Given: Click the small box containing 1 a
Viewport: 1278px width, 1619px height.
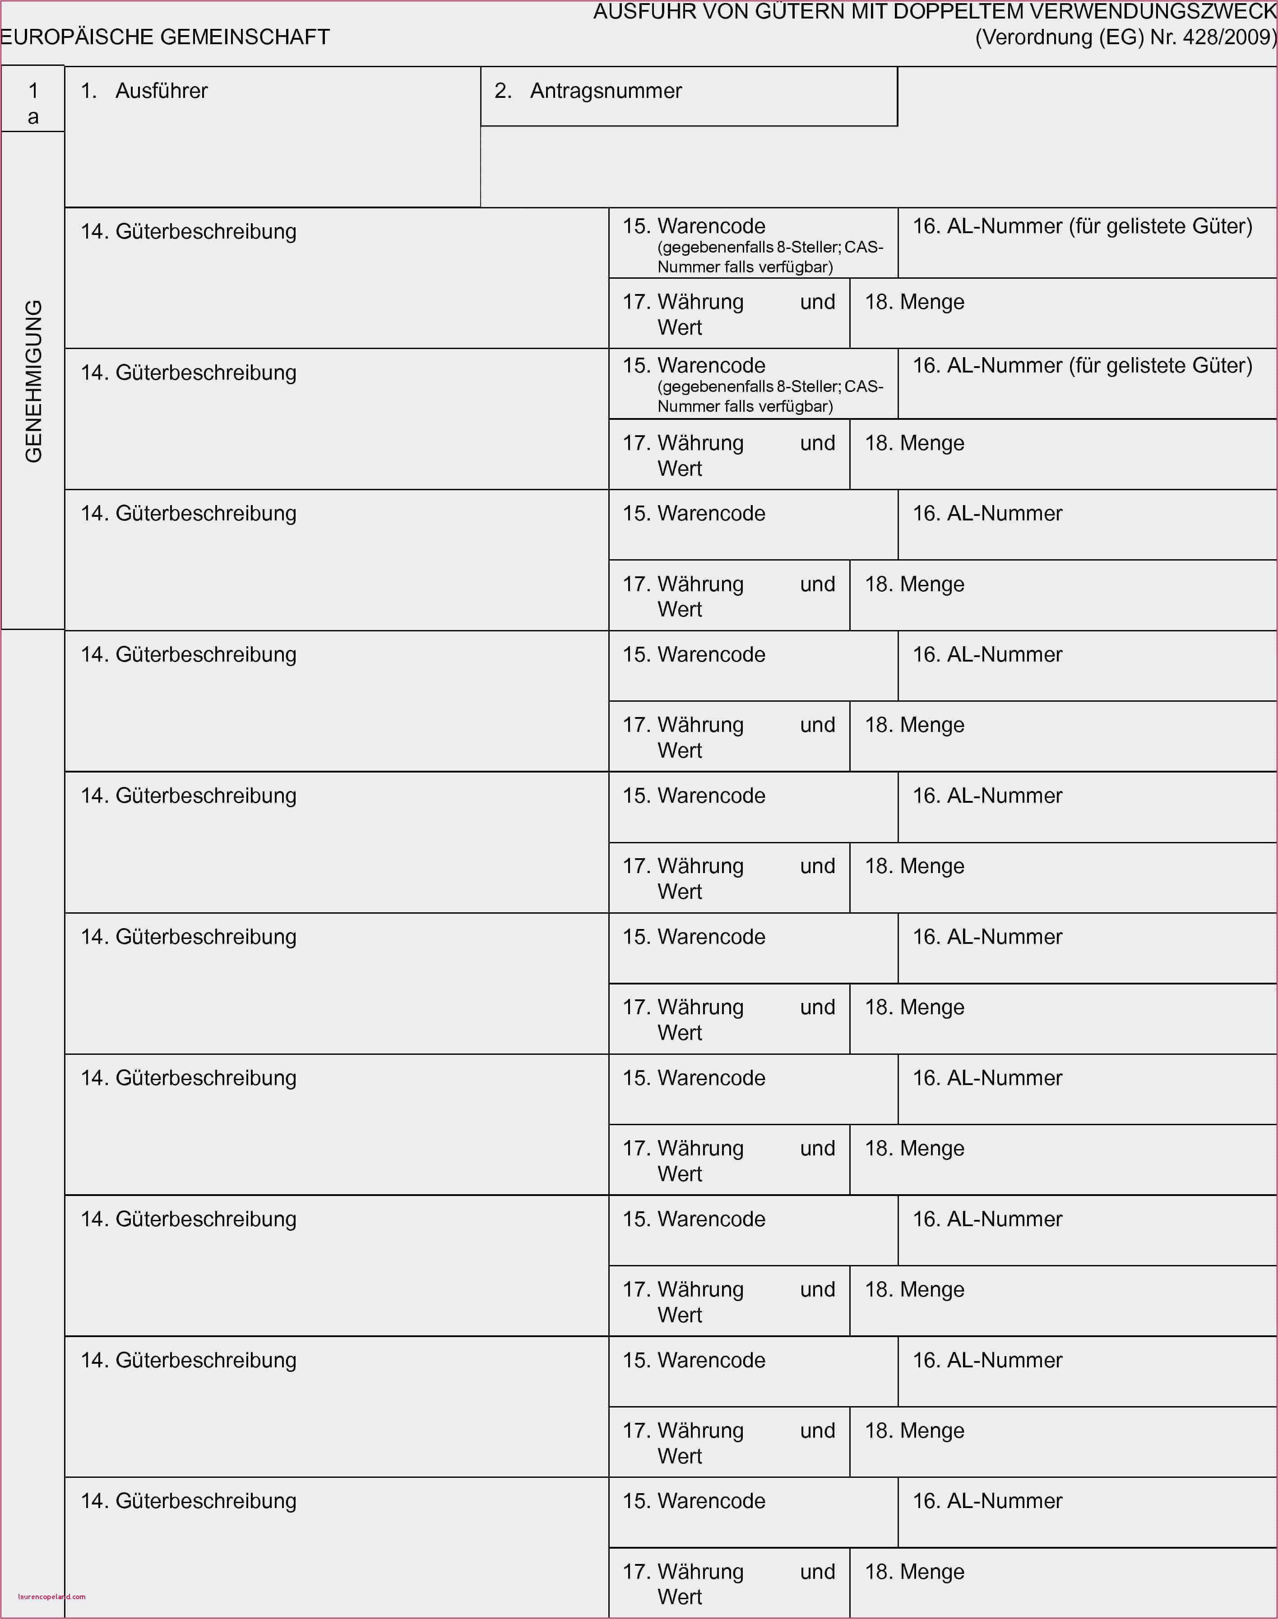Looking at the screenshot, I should click(x=33, y=102).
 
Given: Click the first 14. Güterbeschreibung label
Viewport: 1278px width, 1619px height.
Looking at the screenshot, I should click(x=189, y=232).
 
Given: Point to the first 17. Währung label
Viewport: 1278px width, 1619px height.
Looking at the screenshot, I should click(x=683, y=302).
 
